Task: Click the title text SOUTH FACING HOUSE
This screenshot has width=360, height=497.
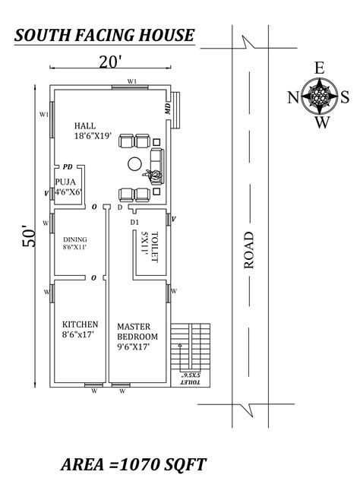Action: pyautogui.click(x=104, y=35)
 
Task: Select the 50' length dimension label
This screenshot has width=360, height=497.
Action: pyautogui.click(x=29, y=236)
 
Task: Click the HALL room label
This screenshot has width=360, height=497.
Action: pyautogui.click(x=85, y=125)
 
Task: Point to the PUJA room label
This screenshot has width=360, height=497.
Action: pyautogui.click(x=65, y=182)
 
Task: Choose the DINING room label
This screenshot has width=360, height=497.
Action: pyautogui.click(x=74, y=239)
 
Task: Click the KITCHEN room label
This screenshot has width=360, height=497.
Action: pyautogui.click(x=81, y=324)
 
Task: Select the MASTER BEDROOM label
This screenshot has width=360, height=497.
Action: pyautogui.click(x=137, y=331)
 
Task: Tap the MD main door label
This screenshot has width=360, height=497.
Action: pyautogui.click(x=167, y=109)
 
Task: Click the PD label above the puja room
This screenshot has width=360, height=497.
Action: pyautogui.click(x=68, y=166)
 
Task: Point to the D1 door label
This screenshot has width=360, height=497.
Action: pyautogui.click(x=134, y=223)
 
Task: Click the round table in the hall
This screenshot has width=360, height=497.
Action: pyautogui.click(x=134, y=164)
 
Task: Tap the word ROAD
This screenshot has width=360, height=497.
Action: pyautogui.click(x=249, y=250)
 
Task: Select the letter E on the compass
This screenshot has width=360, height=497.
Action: pyautogui.click(x=320, y=68)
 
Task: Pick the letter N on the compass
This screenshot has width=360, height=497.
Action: pyautogui.click(x=293, y=97)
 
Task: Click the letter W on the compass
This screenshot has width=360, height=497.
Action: pyautogui.click(x=322, y=122)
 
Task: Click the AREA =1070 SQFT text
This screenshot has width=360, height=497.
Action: pyautogui.click(x=134, y=464)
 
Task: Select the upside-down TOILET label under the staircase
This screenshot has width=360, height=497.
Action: pyautogui.click(x=190, y=378)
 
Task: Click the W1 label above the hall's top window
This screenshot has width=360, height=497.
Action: pyautogui.click(x=132, y=81)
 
